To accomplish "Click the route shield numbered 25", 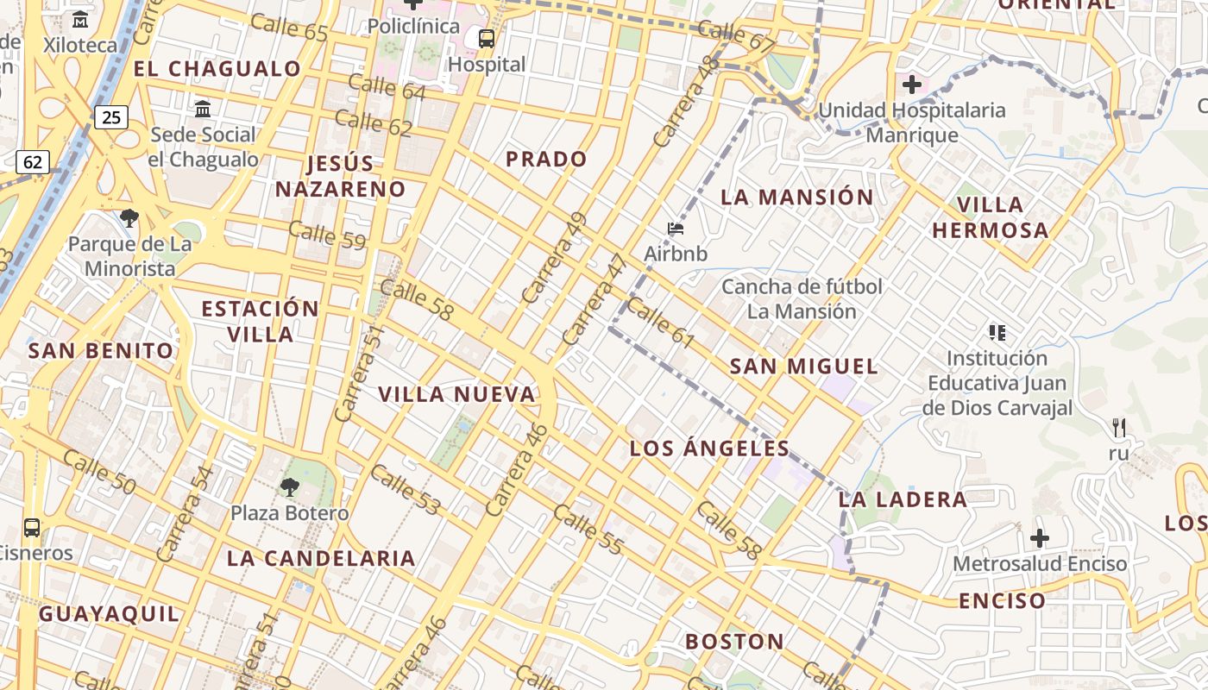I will (x=111, y=117).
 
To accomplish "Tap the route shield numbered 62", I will (x=33, y=161).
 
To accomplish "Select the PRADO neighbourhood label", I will (x=546, y=159).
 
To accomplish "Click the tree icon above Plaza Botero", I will (x=290, y=487).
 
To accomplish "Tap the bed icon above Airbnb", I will (x=676, y=229).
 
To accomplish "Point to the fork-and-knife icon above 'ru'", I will (x=1119, y=427).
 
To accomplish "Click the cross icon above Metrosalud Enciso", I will (x=1040, y=538).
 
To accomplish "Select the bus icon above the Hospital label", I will (x=487, y=39).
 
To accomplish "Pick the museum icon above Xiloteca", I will (x=80, y=19).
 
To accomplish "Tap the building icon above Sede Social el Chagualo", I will (x=203, y=110).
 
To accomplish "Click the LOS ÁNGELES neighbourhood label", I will (x=709, y=448).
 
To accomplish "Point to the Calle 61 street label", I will (x=660, y=323).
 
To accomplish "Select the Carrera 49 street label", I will (x=554, y=257).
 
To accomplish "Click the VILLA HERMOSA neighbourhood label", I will (x=991, y=217).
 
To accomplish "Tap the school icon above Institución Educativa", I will (x=997, y=332).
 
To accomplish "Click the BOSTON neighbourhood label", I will (x=734, y=642).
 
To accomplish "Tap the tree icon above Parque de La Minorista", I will (x=129, y=218).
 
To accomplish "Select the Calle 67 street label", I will (x=736, y=35).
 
